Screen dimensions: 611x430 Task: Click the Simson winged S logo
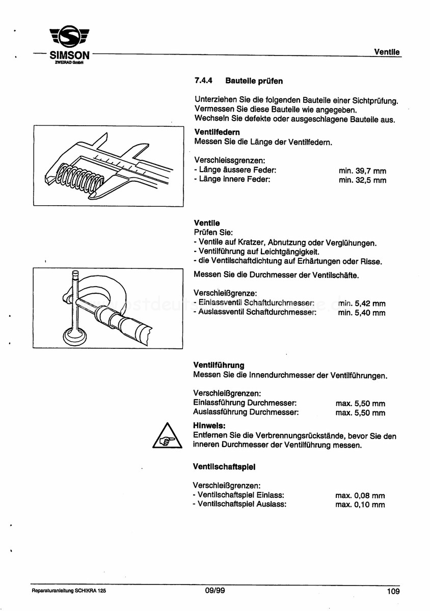tap(70, 38)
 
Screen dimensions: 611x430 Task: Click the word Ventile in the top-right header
tap(387, 52)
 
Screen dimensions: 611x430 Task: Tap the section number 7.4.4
tap(204, 81)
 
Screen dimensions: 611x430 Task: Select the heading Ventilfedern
tap(214, 132)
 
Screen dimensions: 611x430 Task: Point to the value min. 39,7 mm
tap(362, 171)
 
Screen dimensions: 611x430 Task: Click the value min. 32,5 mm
tap(362, 180)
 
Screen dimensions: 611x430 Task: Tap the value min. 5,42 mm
tap(362, 303)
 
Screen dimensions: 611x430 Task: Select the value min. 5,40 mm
tap(362, 313)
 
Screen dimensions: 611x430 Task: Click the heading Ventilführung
tap(219, 365)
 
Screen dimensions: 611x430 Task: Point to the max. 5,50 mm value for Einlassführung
tap(360, 403)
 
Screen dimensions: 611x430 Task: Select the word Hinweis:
tap(209, 426)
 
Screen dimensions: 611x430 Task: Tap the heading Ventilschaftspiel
tap(224, 466)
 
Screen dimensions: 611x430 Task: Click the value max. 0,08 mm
tap(360, 495)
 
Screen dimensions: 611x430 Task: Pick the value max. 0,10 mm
tap(360, 505)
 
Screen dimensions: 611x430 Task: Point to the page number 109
tap(393, 592)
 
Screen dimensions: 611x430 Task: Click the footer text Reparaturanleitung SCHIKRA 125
tap(69, 592)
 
